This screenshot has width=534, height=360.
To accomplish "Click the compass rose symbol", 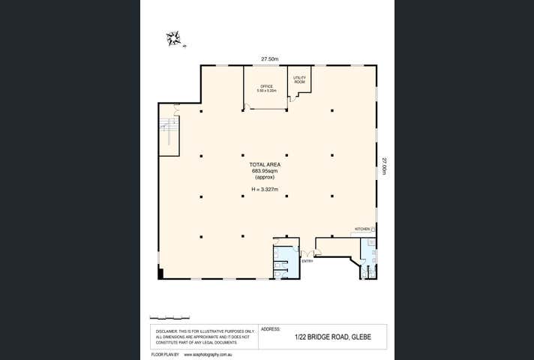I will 174,38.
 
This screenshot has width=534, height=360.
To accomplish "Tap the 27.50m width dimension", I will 270,59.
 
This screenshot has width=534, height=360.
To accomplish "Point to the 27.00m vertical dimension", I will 383,166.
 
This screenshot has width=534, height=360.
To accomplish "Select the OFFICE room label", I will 266,86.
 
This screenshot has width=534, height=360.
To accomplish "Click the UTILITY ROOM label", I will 299,79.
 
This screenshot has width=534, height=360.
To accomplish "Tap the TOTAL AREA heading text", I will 265,163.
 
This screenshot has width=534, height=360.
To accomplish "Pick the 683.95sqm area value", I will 265,171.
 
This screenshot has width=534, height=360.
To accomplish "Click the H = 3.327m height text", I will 265,189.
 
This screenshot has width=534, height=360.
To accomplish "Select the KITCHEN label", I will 362,229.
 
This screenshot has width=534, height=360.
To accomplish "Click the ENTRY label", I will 307,261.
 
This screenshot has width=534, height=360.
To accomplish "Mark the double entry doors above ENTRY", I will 307,254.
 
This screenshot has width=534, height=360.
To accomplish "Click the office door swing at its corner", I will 247,107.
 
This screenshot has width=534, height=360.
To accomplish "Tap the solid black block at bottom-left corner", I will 160,272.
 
